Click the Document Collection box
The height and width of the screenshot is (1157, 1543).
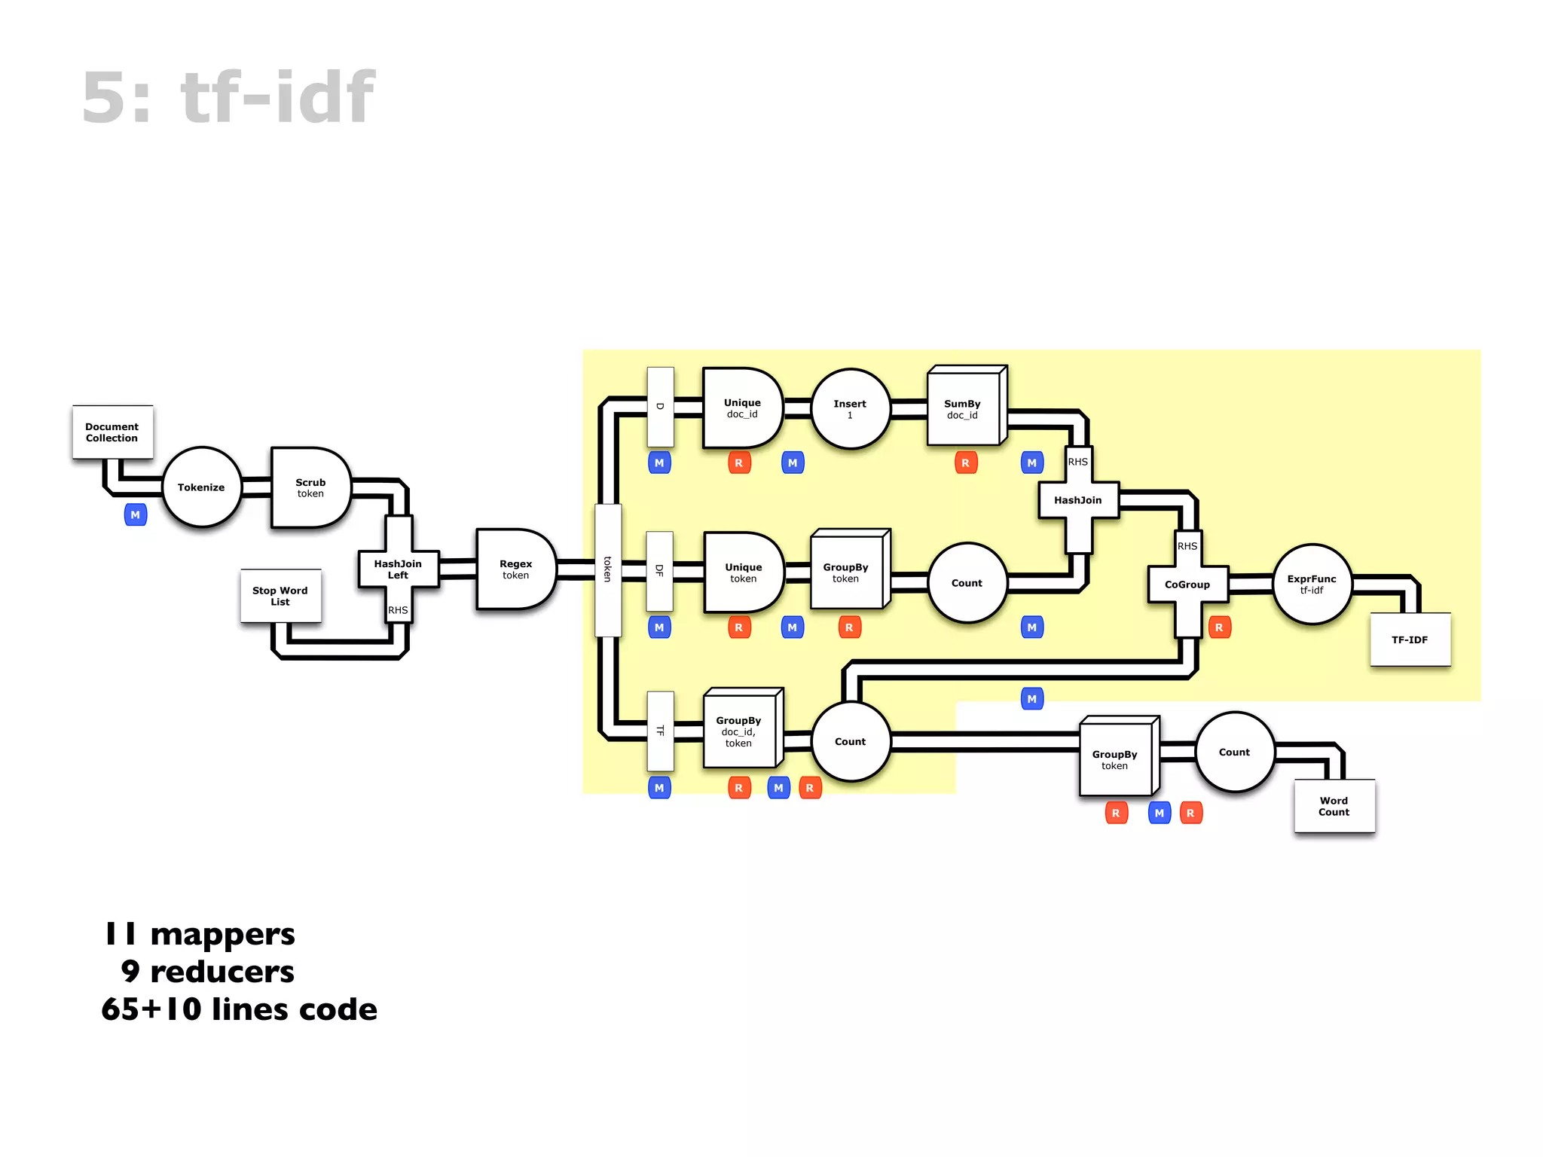click(x=112, y=432)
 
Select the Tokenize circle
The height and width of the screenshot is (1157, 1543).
click(x=201, y=487)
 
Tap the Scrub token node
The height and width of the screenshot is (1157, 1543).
click(x=310, y=487)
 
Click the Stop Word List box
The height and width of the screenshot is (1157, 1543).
click(x=280, y=596)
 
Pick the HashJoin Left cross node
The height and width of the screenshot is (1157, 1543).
click(x=398, y=569)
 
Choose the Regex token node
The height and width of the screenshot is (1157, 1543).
click(x=515, y=569)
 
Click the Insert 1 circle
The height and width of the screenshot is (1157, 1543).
click(x=850, y=408)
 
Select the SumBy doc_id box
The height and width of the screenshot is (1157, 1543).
click(x=963, y=408)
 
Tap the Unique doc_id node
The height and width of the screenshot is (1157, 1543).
click(x=741, y=408)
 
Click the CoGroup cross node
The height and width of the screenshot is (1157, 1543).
click(x=1187, y=584)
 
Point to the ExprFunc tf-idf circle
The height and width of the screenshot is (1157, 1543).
click(x=1312, y=584)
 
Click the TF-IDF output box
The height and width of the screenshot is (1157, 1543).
click(x=1410, y=640)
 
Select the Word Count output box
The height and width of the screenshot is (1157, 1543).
click(x=1334, y=806)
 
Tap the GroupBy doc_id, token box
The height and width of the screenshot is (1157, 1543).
click(x=739, y=731)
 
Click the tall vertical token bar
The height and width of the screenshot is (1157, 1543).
click(x=608, y=569)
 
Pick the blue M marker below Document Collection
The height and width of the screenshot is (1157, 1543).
click(x=136, y=515)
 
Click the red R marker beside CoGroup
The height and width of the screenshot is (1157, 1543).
click(x=1219, y=627)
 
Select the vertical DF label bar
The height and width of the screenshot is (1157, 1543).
click(x=659, y=570)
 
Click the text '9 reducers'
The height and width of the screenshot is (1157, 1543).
click(x=207, y=971)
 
